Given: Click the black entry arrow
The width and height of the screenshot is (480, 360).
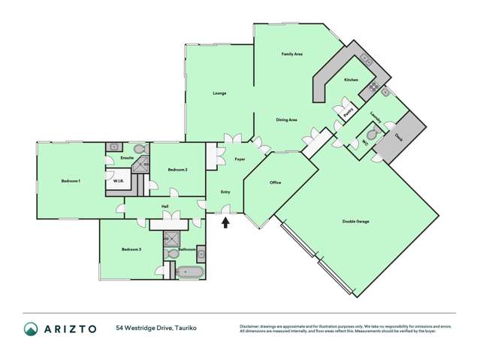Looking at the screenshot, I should click(x=225, y=222).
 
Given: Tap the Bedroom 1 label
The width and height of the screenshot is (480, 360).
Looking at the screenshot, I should click(x=71, y=181).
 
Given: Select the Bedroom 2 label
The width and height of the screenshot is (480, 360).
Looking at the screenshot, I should click(x=177, y=170).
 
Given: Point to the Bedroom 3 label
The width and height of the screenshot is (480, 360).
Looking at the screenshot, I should click(x=131, y=249).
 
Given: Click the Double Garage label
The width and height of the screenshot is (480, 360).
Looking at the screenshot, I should click(x=355, y=221).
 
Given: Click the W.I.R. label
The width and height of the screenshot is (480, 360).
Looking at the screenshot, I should click(x=119, y=181).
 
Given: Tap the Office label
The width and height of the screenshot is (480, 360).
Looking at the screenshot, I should click(x=275, y=183).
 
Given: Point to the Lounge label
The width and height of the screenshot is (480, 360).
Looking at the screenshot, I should click(x=219, y=93).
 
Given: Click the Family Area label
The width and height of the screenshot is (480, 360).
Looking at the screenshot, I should click(x=291, y=54).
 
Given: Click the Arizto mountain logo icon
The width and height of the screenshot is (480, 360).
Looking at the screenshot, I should click(x=31, y=328).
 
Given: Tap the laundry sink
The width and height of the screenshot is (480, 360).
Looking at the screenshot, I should click(x=386, y=93).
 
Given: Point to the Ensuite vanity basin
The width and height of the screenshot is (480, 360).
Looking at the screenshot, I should click(x=115, y=147).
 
